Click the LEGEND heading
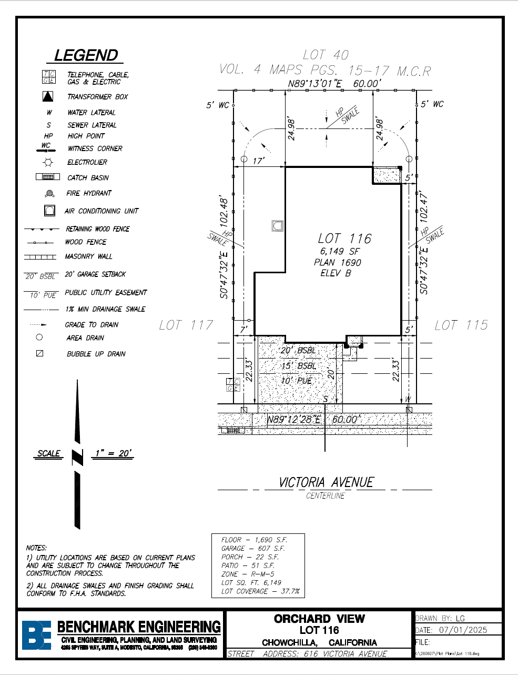pyautogui.click(x=86, y=55)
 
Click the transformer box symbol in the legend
pyautogui.click(x=48, y=96)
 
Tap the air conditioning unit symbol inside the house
pyautogui.click(x=278, y=226)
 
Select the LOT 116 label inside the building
pyautogui.click(x=344, y=239)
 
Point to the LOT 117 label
pyautogui.click(x=186, y=325)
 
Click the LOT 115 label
pyautogui.click(x=461, y=325)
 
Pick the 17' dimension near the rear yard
pyautogui.click(x=258, y=161)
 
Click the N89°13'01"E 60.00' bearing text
pyautogui.click(x=333, y=84)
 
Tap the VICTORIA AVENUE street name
pyautogui.click(x=326, y=482)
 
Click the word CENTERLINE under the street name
pyautogui.click(x=326, y=496)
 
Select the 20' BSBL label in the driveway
pyautogui.click(x=298, y=351)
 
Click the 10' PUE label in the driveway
pyautogui.click(x=297, y=381)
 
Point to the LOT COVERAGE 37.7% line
pyautogui.click(x=260, y=591)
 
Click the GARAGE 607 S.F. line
pyautogui.click(x=253, y=548)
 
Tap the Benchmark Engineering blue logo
pyautogui.click(x=36, y=635)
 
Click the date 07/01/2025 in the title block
pyautogui.click(x=463, y=630)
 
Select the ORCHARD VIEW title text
pyautogui.click(x=319, y=619)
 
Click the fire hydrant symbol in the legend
pyautogui.click(x=49, y=193)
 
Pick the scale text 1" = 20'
pyautogui.click(x=113, y=453)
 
